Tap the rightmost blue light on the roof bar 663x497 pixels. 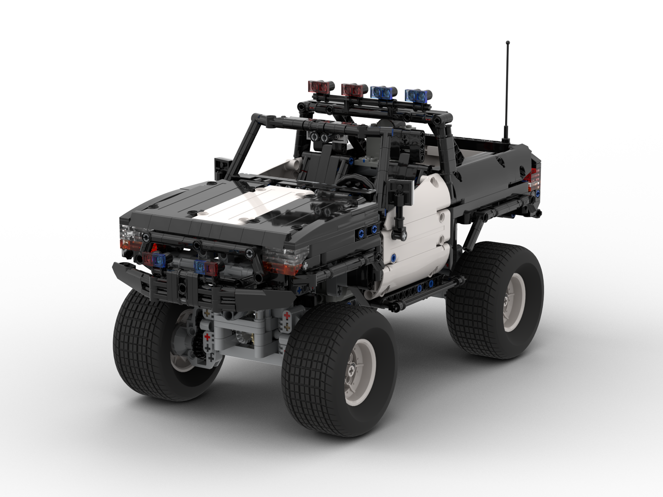(418, 94)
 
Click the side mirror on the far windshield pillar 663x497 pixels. (221, 166)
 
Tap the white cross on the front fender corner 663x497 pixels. (304, 266)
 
